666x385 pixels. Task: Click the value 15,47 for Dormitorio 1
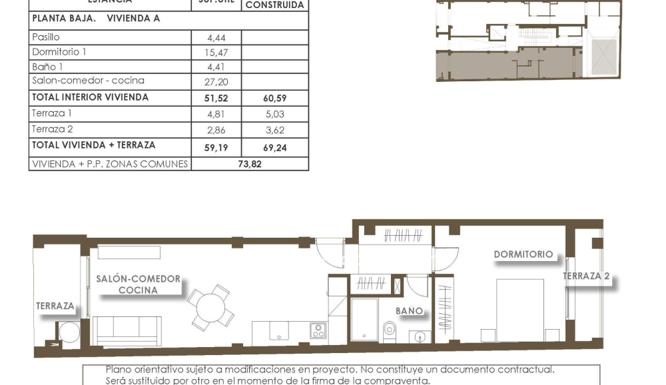pyautogui.click(x=216, y=53)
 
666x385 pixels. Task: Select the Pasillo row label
pyautogui.click(x=46, y=37)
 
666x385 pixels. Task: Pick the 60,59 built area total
pyautogui.click(x=275, y=99)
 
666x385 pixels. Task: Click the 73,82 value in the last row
pyautogui.click(x=250, y=164)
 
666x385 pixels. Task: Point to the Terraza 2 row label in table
pyautogui.click(x=53, y=129)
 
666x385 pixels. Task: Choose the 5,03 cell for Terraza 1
pyautogui.click(x=275, y=115)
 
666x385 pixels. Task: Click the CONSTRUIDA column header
pyautogui.click(x=275, y=5)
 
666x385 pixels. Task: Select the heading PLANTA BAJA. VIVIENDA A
pyautogui.click(x=96, y=19)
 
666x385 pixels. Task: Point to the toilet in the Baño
pyautogui.click(x=390, y=328)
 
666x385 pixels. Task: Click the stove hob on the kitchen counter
pyautogui.click(x=318, y=330)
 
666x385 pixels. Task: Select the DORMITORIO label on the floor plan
pyautogui.click(x=523, y=254)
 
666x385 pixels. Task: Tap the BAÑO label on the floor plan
pyautogui.click(x=409, y=311)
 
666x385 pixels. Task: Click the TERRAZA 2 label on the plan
pyautogui.click(x=586, y=276)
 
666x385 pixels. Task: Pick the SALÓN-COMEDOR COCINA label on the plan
pyautogui.click(x=138, y=284)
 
